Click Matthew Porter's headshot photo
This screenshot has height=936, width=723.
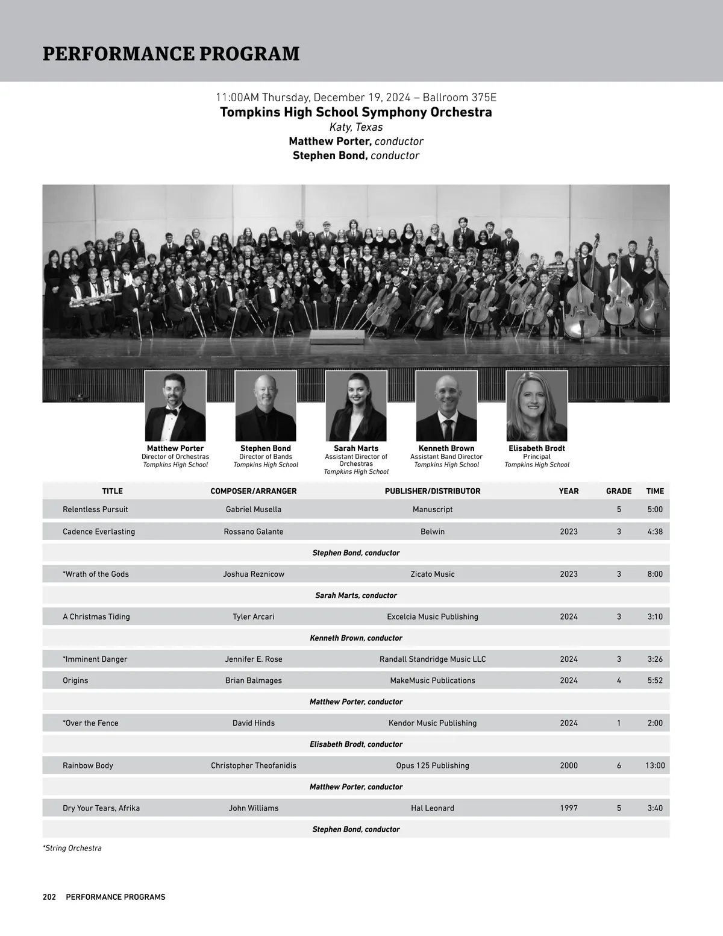point(175,406)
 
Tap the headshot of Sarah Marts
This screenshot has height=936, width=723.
point(356,406)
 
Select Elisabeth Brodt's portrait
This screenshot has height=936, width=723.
point(537,406)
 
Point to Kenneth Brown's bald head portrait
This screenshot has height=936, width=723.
point(446,406)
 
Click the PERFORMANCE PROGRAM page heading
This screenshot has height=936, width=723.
point(171,54)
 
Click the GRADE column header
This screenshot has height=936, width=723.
point(619,491)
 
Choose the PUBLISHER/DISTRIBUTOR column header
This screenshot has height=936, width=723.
point(433,491)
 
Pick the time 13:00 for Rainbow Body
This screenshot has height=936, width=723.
point(655,765)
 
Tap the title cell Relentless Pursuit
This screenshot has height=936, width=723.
point(95,509)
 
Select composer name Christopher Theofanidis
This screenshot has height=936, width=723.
point(254,765)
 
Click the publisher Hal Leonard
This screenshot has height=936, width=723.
point(433,808)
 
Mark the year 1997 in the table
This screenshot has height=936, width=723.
point(569,808)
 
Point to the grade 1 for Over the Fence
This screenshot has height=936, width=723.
point(619,723)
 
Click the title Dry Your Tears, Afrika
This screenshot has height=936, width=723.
point(101,808)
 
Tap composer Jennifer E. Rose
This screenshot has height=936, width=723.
point(254,659)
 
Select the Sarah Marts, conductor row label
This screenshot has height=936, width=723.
point(356,595)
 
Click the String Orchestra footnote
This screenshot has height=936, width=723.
point(72,848)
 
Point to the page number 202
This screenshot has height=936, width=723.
point(49,897)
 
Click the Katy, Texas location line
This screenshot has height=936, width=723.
point(356,127)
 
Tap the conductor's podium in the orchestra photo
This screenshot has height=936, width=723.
point(337,336)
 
